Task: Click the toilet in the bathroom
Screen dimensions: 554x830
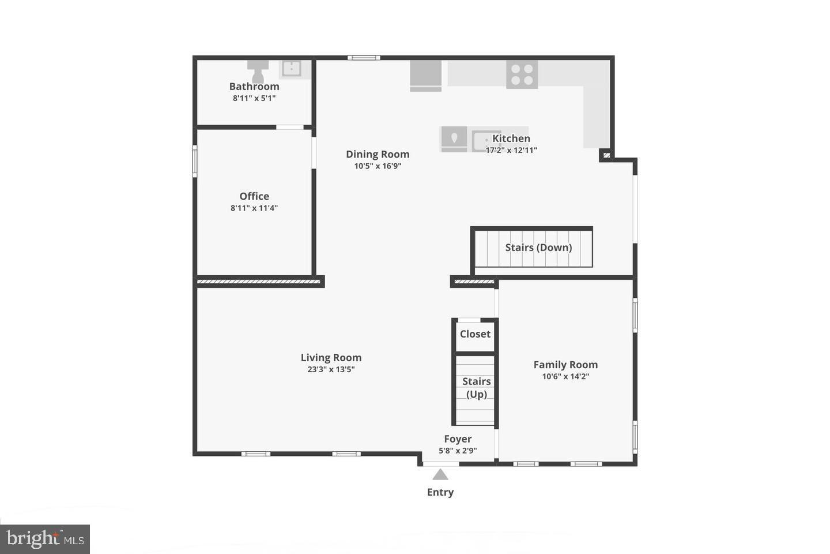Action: click(x=258, y=70)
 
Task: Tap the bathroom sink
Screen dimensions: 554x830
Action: click(x=291, y=69)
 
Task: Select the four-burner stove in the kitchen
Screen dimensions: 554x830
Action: click(x=522, y=74)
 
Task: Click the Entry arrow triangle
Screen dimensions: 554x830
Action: click(x=440, y=474)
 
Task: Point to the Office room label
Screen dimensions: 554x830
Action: click(x=254, y=196)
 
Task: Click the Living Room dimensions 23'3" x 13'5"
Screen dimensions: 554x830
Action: click(x=331, y=369)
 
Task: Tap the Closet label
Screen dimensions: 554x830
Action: click(x=475, y=334)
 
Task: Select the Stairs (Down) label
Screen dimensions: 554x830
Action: click(x=538, y=248)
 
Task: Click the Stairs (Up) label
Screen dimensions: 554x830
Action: click(x=477, y=388)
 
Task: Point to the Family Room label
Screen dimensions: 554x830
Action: click(x=565, y=365)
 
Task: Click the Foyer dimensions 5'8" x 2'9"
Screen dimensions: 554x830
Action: click(x=458, y=451)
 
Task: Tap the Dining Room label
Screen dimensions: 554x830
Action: click(x=378, y=154)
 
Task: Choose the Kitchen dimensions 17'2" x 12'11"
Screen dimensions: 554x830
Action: click(x=511, y=150)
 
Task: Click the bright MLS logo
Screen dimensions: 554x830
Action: click(x=44, y=539)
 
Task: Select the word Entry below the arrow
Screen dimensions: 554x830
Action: click(x=440, y=492)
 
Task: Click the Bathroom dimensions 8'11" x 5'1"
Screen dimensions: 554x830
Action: click(x=254, y=98)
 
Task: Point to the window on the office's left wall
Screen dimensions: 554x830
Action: click(x=195, y=161)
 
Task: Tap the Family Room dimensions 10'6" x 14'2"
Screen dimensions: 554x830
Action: click(x=565, y=376)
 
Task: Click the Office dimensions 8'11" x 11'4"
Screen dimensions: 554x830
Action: click(x=254, y=208)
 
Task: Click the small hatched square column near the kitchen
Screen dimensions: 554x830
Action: click(x=606, y=155)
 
